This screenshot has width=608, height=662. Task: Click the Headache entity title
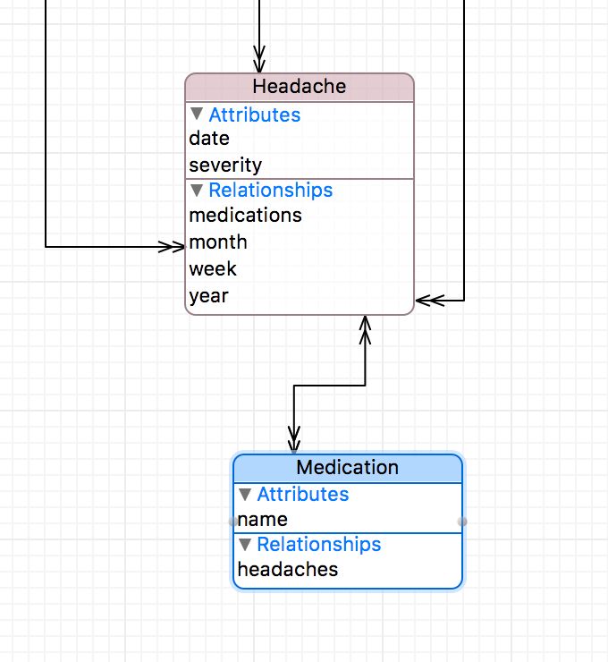coord(299,87)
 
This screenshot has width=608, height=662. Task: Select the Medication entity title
coord(347,468)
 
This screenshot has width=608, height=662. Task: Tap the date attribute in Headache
coord(209,139)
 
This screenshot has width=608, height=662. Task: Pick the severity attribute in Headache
coord(225,165)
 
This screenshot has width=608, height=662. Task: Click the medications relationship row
coord(245,216)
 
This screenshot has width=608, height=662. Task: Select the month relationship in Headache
coord(218,242)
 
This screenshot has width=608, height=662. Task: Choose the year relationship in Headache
coord(208,296)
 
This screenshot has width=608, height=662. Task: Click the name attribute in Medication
coord(263,520)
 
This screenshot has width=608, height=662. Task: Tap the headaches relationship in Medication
coord(288,570)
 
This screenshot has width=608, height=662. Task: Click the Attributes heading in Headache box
coord(254,115)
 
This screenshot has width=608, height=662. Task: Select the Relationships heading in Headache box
coord(270,191)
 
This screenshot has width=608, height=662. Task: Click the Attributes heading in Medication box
coord(302,495)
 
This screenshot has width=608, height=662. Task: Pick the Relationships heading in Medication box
coord(318,545)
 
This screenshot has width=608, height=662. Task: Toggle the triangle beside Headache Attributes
coord(197,115)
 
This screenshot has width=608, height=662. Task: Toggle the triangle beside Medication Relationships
coord(245,545)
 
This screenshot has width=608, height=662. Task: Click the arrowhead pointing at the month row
coord(173,246)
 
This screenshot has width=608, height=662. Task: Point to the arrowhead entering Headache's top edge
coord(259,63)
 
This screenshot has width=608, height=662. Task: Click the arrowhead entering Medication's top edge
coord(293,442)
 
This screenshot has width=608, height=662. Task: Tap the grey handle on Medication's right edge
coord(462,521)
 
